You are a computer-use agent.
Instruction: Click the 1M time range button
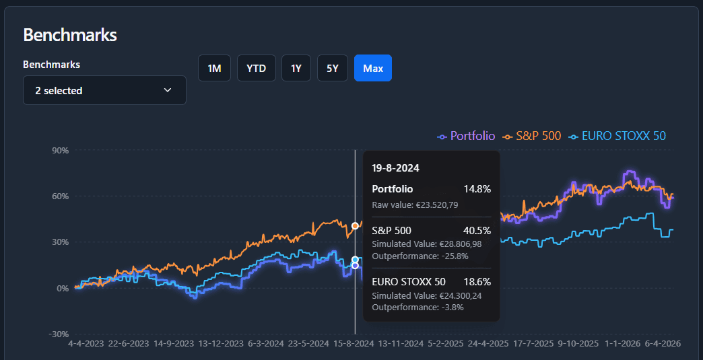click(x=214, y=68)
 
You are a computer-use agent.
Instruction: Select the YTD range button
click(x=256, y=68)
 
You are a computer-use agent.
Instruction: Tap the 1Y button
click(x=296, y=68)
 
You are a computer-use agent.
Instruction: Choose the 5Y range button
click(x=332, y=68)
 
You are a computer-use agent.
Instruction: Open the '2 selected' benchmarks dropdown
click(x=104, y=90)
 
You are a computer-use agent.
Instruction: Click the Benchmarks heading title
click(x=70, y=35)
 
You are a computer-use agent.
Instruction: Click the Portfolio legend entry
click(x=466, y=136)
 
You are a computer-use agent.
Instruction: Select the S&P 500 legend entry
click(x=532, y=136)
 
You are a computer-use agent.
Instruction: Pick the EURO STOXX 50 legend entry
click(x=617, y=136)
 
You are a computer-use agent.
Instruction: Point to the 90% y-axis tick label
click(x=61, y=151)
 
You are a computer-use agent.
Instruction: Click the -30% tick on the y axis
click(x=59, y=334)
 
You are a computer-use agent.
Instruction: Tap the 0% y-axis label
click(x=63, y=288)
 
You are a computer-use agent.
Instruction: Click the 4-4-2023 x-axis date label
click(x=86, y=343)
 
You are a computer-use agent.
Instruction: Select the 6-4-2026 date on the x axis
click(x=663, y=343)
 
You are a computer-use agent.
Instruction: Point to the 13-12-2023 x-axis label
click(x=221, y=343)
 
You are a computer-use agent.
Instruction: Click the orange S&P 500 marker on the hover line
click(x=355, y=225)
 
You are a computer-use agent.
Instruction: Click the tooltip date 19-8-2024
click(x=395, y=168)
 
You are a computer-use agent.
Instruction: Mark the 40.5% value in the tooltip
click(x=477, y=231)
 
